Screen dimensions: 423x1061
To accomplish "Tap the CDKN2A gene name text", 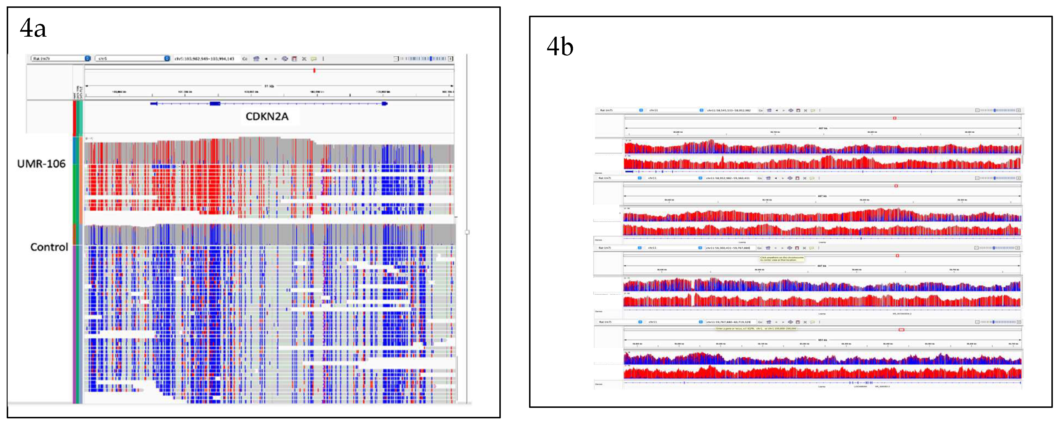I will pos(267,116).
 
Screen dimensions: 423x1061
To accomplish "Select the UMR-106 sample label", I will pos(41,164).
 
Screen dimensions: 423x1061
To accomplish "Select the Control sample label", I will pos(49,247).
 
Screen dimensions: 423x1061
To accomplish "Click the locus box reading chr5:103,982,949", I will pos(204,59).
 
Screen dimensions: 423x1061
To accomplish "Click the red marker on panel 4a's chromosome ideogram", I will pos(314,70).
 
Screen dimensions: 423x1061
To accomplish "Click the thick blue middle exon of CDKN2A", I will pos(215,104).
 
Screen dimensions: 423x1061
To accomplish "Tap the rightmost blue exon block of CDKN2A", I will pos(385,104).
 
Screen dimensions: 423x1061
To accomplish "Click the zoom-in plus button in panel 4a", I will pos(451,59).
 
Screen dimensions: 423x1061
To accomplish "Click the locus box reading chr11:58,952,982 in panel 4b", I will pos(728,178).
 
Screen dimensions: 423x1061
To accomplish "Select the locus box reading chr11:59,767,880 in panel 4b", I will pos(728,322).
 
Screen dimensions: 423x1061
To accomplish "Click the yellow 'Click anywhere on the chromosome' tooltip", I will pos(781,259).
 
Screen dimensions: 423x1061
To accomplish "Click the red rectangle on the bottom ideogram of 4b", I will pos(901,330).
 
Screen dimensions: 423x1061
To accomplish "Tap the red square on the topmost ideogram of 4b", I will pos(895,118).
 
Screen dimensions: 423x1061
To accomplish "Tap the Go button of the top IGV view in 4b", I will pos(760,110).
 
